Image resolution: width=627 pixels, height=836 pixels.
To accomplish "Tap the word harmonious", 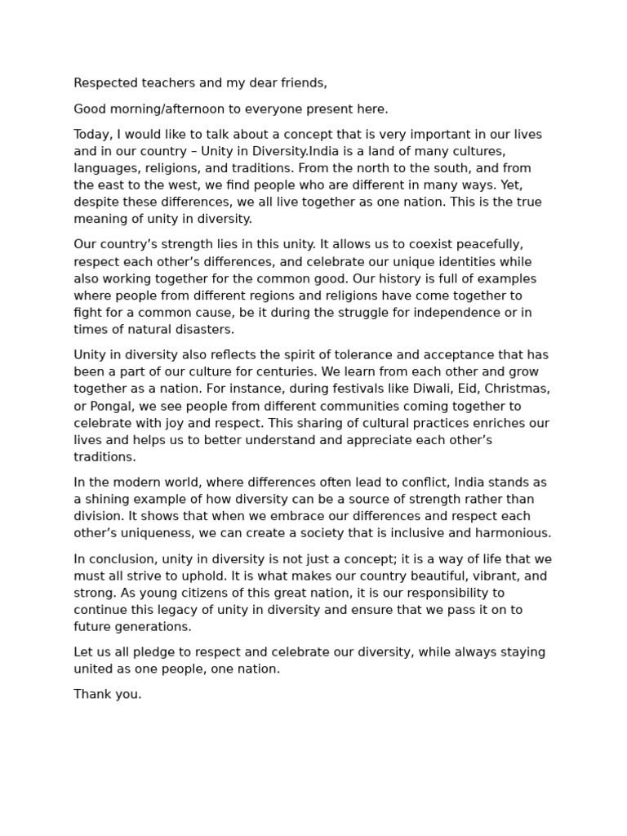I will (514, 533).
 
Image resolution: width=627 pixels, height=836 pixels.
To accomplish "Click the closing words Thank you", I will (108, 695).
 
